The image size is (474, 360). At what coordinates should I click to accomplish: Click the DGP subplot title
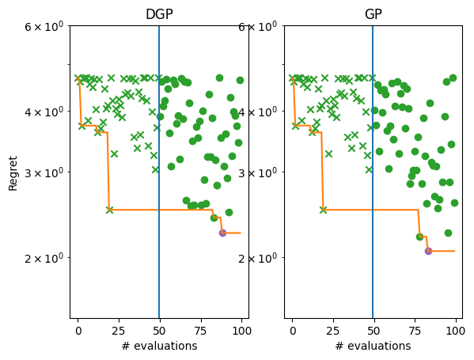click(x=159, y=14)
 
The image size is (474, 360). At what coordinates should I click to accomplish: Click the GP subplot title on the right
click(x=373, y=14)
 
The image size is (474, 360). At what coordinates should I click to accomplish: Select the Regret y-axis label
click(x=13, y=172)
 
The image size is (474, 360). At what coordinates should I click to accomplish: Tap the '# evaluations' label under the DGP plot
click(x=159, y=346)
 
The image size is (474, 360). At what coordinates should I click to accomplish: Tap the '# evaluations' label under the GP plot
click(x=373, y=346)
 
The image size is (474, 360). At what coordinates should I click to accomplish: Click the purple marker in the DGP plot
click(x=222, y=233)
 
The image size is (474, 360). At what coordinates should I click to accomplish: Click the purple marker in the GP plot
click(x=428, y=251)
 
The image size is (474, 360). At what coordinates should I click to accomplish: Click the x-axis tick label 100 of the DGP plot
click(x=240, y=328)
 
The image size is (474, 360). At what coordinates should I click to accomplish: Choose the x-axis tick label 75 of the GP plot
click(x=415, y=328)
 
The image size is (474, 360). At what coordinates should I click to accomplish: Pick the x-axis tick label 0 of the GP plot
click(x=292, y=328)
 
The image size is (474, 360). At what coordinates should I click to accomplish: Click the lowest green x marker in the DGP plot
click(x=109, y=210)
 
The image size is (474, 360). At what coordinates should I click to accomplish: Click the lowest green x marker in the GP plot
click(x=323, y=210)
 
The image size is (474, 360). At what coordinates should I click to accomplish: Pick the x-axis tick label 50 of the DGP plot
click(x=159, y=328)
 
